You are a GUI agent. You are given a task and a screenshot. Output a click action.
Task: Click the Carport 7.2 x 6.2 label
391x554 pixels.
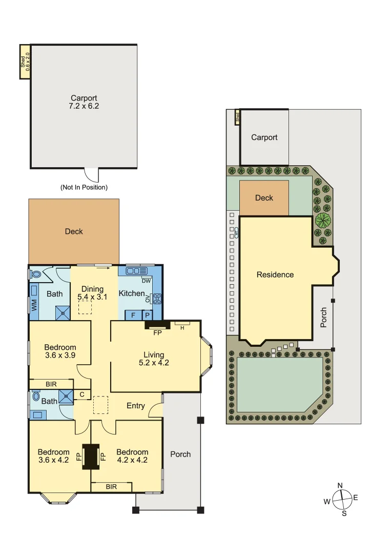(x=84, y=103)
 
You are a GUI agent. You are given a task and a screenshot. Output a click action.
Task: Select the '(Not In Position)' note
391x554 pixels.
(x=84, y=187)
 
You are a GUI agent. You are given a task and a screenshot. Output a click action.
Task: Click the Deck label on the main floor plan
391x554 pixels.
(x=74, y=231)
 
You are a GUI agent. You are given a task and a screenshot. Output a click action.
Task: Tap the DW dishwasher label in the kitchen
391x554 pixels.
(x=146, y=281)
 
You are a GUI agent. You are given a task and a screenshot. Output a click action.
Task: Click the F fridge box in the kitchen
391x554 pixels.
(x=133, y=315)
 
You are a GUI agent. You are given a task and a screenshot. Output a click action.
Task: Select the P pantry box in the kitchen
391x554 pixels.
(x=147, y=315)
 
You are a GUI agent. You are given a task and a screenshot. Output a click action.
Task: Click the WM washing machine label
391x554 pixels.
(x=34, y=304)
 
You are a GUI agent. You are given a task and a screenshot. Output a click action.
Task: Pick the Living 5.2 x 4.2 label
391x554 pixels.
(x=154, y=359)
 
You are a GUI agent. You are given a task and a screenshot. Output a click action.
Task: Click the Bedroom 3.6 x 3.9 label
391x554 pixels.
(x=60, y=351)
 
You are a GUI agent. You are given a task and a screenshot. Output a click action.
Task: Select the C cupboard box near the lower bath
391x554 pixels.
(x=82, y=394)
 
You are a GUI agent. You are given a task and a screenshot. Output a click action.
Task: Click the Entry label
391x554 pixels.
(x=136, y=406)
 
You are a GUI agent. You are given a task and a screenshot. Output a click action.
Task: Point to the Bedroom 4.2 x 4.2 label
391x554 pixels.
(x=132, y=456)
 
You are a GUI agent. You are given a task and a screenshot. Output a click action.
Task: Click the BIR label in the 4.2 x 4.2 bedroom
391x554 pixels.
(x=111, y=486)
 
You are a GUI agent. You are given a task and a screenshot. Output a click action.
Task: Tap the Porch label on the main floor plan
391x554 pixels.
(x=180, y=454)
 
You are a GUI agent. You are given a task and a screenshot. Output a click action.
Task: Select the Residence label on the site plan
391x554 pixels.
(x=275, y=274)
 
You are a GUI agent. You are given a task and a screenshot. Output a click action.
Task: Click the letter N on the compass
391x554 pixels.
(x=340, y=485)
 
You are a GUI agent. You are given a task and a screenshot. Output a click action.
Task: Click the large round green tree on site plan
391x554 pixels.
(x=323, y=221)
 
